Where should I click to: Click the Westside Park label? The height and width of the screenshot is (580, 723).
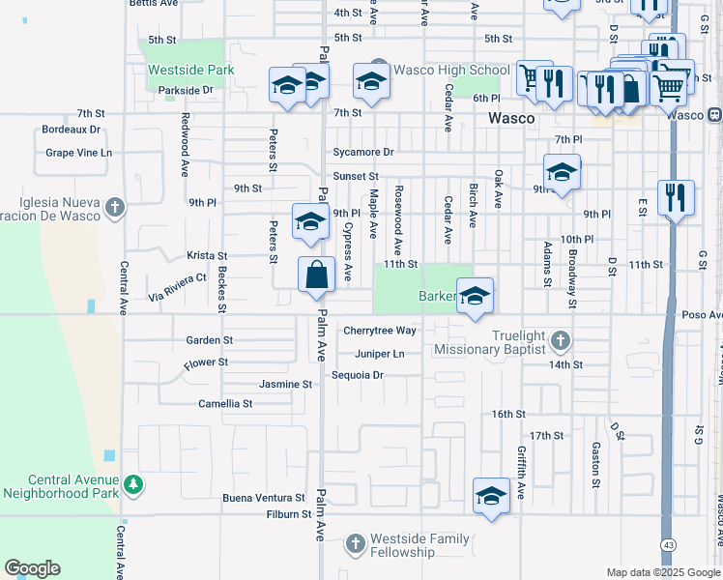(190, 71)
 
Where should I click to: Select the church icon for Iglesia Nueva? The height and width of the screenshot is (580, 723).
(115, 207)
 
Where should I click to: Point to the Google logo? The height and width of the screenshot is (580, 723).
(32, 568)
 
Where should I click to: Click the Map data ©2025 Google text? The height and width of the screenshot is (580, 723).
(663, 572)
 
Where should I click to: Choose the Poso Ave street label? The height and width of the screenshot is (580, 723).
(702, 315)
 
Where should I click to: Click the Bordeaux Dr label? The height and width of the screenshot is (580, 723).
(71, 130)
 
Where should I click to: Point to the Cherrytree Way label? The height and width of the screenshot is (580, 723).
(379, 331)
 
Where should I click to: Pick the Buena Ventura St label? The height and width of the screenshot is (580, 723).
(264, 498)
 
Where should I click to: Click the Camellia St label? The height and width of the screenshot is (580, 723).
(225, 404)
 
